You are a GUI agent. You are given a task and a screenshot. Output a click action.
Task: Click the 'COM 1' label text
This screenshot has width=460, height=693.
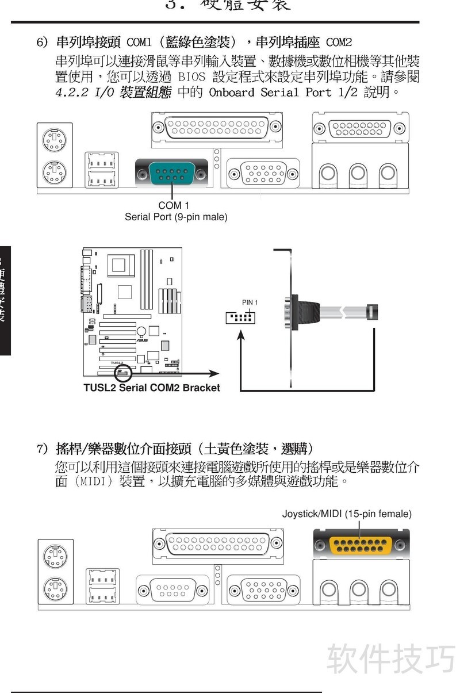pyautogui.click(x=173, y=205)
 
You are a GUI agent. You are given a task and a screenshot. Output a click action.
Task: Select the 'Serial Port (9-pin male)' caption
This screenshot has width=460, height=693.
pyautogui.click(x=176, y=217)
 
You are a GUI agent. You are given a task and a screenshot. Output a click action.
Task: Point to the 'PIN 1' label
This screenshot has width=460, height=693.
pyautogui.click(x=250, y=302)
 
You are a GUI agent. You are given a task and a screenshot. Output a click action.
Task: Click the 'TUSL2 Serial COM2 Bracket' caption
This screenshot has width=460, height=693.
pyautogui.click(x=152, y=388)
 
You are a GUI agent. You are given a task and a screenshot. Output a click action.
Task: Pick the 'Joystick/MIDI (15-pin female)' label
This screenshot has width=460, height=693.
pyautogui.click(x=347, y=514)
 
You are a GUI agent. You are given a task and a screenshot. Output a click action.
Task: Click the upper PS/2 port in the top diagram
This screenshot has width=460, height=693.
pyautogui.click(x=56, y=139)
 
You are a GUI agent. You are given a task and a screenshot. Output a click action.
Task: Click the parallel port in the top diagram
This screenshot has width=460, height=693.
pyautogui.click(x=217, y=127)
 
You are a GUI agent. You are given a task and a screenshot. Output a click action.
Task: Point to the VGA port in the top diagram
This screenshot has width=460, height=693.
pyautogui.click(x=263, y=173)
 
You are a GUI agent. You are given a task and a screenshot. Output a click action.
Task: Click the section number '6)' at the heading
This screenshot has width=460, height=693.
pyautogui.click(x=42, y=43)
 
